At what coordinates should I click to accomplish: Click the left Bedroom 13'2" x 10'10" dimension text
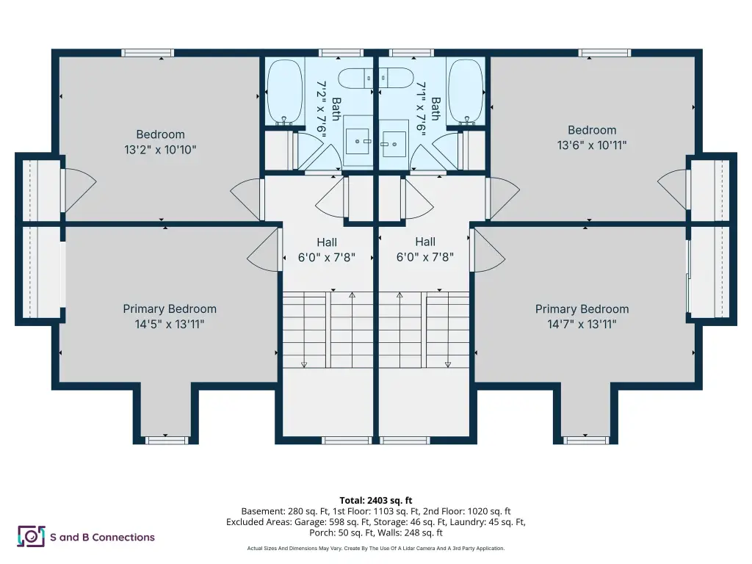click(160, 150)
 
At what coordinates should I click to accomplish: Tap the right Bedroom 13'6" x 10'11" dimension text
click(592, 145)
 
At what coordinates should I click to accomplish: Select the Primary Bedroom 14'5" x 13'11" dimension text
click(170, 324)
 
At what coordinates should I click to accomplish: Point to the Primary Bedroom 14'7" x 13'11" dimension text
click(582, 324)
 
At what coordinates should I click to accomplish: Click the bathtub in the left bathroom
click(285, 92)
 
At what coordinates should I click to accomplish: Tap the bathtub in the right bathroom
click(466, 91)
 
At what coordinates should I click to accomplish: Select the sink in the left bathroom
click(358, 142)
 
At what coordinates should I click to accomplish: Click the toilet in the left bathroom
click(355, 79)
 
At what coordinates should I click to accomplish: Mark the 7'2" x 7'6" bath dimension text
click(322, 109)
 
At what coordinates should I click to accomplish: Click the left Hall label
click(327, 242)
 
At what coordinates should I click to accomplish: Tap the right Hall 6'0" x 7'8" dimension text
click(425, 257)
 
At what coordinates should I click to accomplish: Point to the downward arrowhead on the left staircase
click(304, 365)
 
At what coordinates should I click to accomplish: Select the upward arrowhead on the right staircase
click(399, 295)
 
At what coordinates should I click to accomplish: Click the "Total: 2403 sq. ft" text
click(376, 501)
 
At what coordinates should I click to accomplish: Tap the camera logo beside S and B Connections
click(31, 536)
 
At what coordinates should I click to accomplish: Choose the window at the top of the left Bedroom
click(147, 53)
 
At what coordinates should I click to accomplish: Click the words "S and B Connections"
click(102, 537)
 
